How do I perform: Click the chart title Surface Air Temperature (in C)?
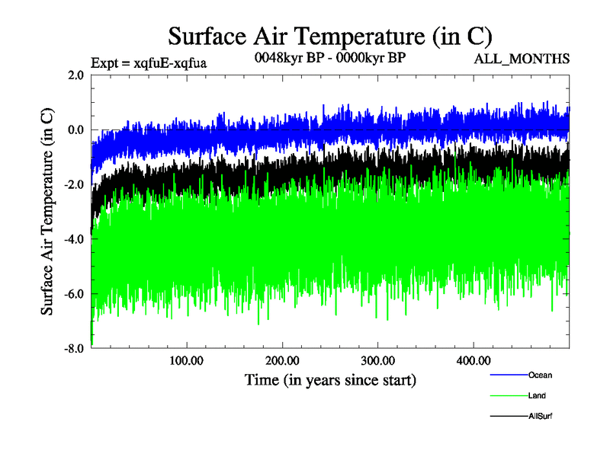coord(330,36)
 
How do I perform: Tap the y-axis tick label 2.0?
coord(75,75)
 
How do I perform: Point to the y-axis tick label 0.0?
coord(75,130)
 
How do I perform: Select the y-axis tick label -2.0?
coord(74,185)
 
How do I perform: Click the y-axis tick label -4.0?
coord(74,239)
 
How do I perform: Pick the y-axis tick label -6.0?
coord(74,294)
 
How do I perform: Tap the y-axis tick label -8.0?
coord(74,349)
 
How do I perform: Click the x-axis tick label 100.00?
coord(187,360)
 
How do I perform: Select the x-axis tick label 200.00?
coord(282,360)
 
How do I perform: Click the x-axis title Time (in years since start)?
coord(330,379)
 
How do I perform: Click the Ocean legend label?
coord(540,375)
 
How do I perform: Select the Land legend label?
coord(537,396)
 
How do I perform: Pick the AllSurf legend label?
coord(541,417)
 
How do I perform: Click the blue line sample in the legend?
coord(507,375)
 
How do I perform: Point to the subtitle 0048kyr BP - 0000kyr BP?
coord(329,57)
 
